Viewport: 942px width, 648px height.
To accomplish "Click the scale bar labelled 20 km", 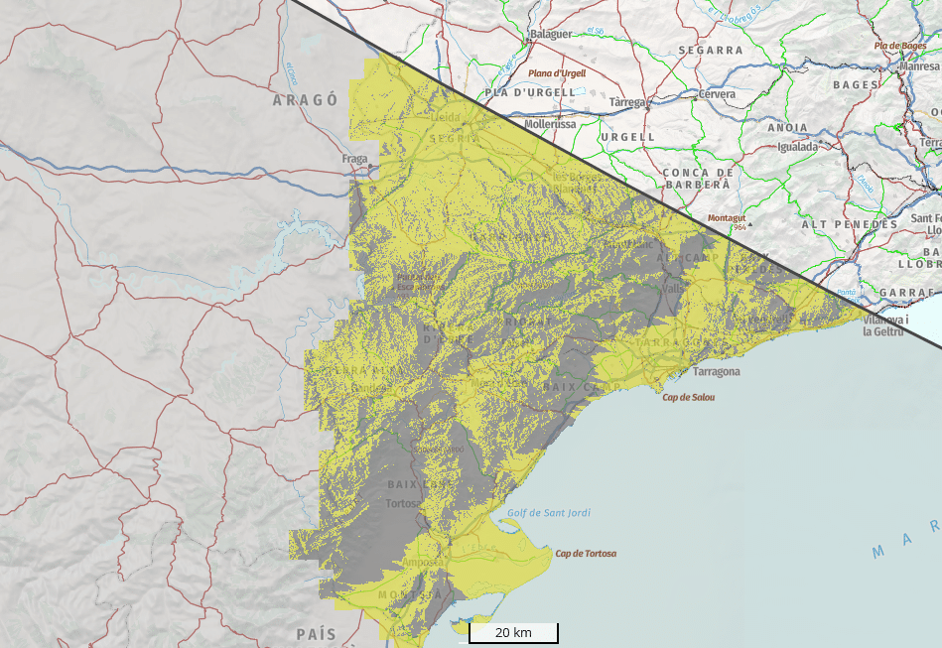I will tap(513, 632).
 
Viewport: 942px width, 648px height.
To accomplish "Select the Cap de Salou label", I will tap(689, 397).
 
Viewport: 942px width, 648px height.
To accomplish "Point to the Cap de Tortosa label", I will tap(586, 554).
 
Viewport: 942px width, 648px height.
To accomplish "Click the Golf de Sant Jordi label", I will tap(549, 513).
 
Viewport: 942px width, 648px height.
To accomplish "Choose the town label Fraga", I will tap(354, 159).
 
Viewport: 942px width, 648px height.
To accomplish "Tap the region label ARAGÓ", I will tap(306, 100).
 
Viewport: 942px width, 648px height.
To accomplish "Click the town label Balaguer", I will tap(551, 34).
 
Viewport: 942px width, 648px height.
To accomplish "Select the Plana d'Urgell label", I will tap(557, 73).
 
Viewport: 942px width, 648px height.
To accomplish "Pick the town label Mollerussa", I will tap(550, 125).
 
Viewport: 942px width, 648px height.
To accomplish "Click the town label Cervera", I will tap(717, 94).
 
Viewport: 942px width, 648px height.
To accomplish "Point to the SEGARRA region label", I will tap(711, 50).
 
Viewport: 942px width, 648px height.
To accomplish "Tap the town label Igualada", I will tap(797, 147).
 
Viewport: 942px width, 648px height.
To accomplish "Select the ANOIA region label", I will tap(787, 127).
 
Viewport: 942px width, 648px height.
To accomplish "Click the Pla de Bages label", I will tap(900, 46).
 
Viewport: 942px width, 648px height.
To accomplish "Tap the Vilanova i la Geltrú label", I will tap(885, 325).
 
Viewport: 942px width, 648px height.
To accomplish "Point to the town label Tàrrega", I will tap(627, 102).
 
